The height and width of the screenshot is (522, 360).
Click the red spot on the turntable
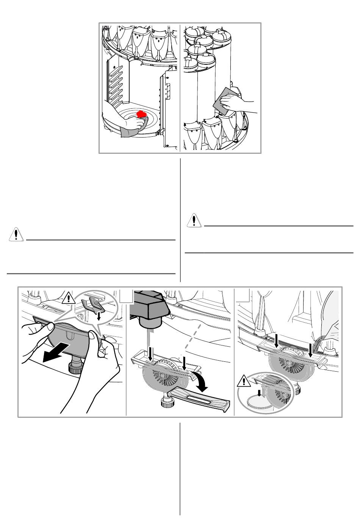click(x=142, y=114)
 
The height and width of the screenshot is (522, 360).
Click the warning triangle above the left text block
click(x=16, y=234)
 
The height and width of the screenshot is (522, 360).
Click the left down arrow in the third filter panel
click(x=276, y=339)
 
